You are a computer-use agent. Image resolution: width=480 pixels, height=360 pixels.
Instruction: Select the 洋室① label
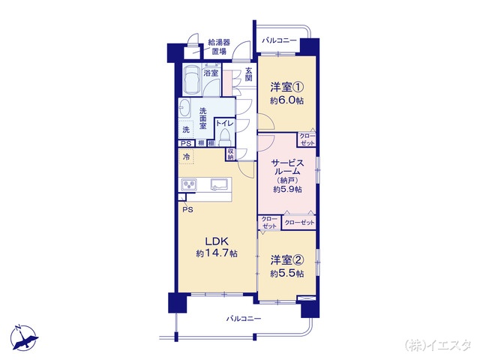point(286,86)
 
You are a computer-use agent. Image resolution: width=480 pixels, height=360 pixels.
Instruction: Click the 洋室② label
point(286,261)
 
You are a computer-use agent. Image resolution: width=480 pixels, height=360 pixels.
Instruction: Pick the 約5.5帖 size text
point(286,274)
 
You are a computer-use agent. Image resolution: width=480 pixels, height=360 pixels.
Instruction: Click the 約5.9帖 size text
point(286,190)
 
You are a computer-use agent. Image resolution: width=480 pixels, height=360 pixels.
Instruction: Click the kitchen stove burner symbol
point(188,184)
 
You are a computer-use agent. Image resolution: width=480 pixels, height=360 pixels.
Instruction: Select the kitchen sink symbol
point(220,184)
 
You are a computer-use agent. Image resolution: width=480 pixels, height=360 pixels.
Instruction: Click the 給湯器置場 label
point(219,47)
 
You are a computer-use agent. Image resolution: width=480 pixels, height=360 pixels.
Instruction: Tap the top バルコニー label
point(280,40)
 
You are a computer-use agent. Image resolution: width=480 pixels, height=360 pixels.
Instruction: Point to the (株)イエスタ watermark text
point(439,345)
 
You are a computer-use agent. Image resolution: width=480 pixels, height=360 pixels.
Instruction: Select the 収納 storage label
point(230,154)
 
